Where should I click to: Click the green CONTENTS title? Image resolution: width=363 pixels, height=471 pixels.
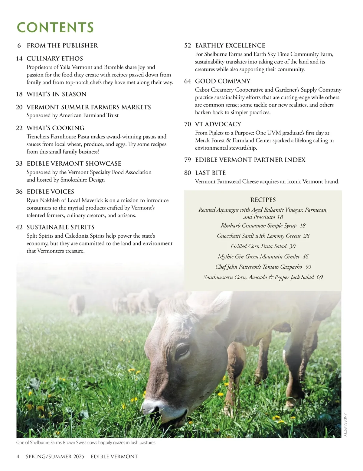tap(55, 27)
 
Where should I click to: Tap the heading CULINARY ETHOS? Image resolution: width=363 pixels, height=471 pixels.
tap(55, 59)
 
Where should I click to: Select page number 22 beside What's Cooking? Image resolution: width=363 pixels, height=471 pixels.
tap(19, 128)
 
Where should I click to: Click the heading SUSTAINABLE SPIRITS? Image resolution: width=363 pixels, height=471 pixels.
tap(60, 227)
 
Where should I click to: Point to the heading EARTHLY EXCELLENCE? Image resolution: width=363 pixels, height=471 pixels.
tap(230, 46)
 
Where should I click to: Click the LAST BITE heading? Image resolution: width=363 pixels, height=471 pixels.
tap(210, 173)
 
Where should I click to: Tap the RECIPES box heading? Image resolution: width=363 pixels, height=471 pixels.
tap(263, 200)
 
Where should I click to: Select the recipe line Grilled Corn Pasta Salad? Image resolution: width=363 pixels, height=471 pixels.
tap(259, 246)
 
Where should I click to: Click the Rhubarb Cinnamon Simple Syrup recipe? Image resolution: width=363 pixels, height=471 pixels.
tap(259, 226)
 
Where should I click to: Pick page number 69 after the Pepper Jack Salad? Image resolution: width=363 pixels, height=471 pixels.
tap(320, 277)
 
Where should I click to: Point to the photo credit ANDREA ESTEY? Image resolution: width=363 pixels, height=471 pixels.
tap(345, 425)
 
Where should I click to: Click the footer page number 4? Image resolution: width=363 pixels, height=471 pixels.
tap(18, 456)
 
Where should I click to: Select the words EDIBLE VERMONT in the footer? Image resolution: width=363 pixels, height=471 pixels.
tap(114, 456)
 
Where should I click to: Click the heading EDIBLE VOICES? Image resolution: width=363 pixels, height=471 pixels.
tap(50, 192)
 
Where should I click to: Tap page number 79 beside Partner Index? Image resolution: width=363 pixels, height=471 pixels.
tap(188, 160)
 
